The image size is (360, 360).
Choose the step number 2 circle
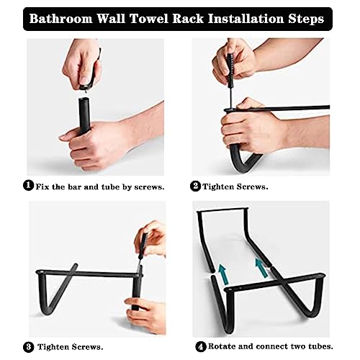195,186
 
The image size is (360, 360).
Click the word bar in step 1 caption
81,186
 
